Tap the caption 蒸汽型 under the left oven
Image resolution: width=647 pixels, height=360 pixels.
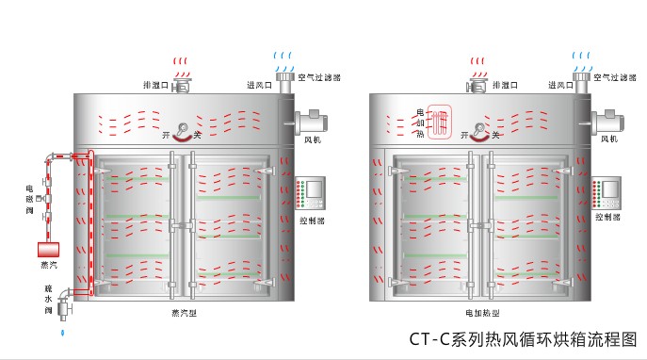[x=185, y=313]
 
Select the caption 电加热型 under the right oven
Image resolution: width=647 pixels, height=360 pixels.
[x=481, y=313]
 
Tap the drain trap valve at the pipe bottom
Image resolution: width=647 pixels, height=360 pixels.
[x=64, y=304]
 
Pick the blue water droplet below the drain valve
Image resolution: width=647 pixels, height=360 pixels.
[x=63, y=332]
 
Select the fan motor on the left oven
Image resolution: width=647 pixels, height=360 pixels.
[x=310, y=122]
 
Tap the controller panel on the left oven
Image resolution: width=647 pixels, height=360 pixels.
[x=310, y=193]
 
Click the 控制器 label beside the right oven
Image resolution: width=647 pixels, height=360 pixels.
[x=607, y=218]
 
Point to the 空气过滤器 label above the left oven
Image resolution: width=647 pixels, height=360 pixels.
[x=319, y=77]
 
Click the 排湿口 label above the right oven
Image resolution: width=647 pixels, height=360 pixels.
[x=503, y=85]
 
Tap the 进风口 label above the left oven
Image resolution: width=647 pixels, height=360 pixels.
[x=259, y=85]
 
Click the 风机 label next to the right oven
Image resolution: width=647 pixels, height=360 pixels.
[x=609, y=140]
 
